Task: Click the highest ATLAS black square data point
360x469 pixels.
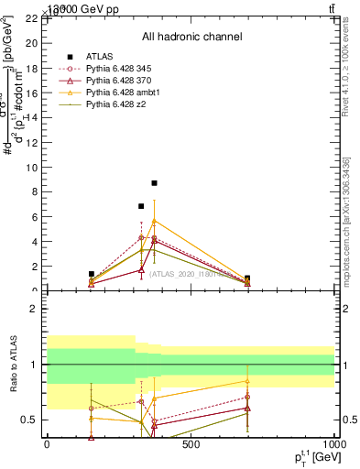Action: coord(155,183)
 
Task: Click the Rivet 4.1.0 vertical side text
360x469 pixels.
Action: coord(346,64)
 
